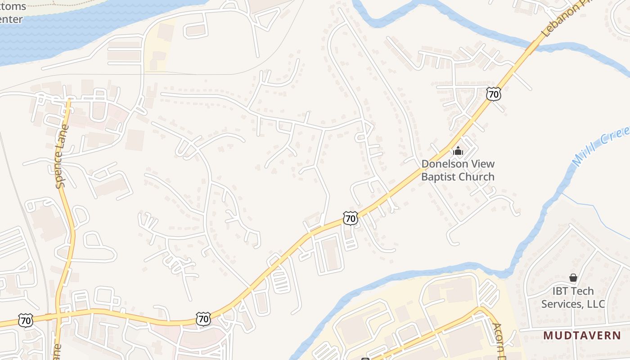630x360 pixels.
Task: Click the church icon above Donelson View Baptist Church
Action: [x=458, y=151]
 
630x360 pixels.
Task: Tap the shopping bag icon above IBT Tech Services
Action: [x=573, y=278]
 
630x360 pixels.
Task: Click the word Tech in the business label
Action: [x=584, y=291]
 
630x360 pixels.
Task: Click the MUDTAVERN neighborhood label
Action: [x=582, y=336]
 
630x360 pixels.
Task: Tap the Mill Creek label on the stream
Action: [x=598, y=146]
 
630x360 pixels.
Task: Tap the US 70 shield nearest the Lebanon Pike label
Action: [x=494, y=94]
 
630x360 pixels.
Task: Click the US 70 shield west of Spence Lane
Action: [x=26, y=321]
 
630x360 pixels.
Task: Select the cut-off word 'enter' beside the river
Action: [x=11, y=19]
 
